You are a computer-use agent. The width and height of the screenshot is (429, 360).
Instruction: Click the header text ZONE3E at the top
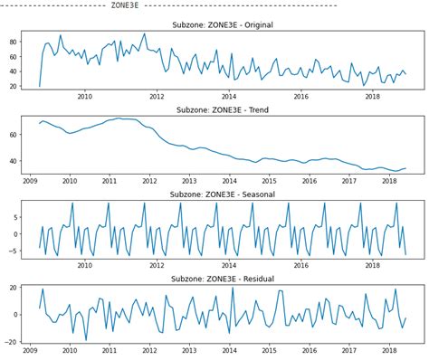click(124, 5)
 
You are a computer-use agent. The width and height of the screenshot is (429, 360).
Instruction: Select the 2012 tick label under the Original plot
click(157, 98)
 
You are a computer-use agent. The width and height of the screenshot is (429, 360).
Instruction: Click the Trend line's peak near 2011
click(119, 118)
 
